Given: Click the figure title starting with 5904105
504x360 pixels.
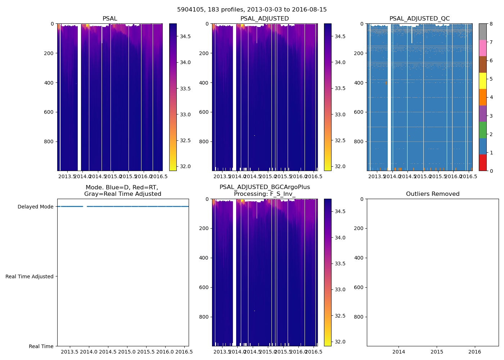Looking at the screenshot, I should tap(252, 10).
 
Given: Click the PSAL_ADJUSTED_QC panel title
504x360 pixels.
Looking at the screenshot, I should tap(419, 19).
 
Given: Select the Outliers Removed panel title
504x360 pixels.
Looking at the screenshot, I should tap(433, 194).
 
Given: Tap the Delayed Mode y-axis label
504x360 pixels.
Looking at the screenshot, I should tap(35, 207).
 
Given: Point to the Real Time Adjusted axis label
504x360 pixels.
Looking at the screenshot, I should tap(30, 276).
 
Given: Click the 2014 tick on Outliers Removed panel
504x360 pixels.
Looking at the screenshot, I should tap(399, 352).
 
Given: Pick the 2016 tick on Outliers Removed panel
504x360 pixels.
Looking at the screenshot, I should tap(475, 352).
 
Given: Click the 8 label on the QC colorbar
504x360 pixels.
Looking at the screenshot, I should tap(491, 24).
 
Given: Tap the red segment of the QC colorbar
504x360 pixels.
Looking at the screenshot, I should tap(483, 162).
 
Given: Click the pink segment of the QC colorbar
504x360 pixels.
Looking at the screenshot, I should tap(483, 48).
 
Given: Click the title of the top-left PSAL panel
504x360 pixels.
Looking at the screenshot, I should tap(110, 19).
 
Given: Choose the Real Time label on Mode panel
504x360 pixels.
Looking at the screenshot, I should tap(41, 346).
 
